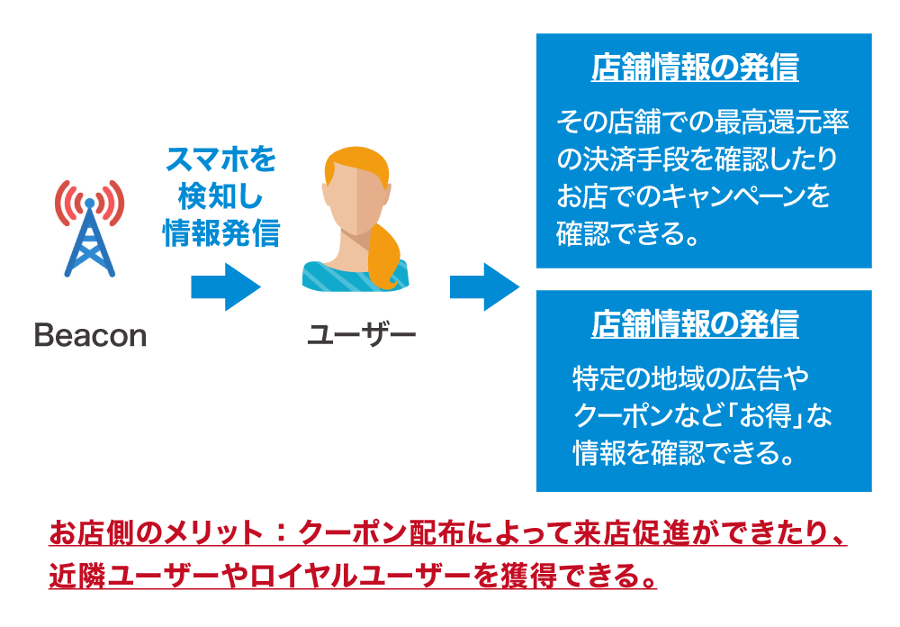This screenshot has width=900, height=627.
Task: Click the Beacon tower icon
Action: point(91,231)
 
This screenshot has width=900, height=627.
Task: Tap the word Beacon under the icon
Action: point(90,336)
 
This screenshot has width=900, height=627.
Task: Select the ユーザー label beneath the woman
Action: point(361,336)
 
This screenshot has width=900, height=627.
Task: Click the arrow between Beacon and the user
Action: point(225,287)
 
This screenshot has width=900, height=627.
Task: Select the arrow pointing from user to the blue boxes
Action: point(484,287)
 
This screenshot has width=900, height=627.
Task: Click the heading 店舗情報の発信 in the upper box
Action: point(694,68)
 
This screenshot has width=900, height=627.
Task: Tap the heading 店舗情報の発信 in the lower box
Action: point(694,325)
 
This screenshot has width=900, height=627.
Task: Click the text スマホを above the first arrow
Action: point(220,161)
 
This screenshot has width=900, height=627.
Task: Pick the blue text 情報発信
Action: point(220,233)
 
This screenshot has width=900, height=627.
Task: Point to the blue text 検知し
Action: point(220,197)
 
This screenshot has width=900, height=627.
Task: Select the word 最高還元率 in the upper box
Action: point(782,120)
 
